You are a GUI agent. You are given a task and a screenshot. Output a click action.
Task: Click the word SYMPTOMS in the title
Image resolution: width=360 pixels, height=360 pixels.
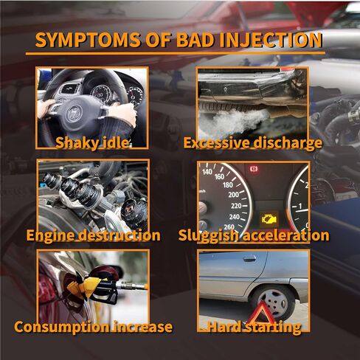coord(88,40)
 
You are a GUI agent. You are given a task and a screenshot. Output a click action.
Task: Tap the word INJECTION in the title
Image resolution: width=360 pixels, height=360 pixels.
coord(271,40)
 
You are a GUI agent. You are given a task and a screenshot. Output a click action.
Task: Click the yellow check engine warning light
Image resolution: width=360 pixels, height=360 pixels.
coord(269,218)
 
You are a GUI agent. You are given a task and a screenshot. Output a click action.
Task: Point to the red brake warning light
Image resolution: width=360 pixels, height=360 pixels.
coord(254,169)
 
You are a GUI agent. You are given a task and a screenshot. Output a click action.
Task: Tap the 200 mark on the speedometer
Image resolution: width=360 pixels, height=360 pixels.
coord(233,195)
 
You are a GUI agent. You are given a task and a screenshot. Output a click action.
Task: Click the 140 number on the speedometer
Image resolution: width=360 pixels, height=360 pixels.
coord(207,171)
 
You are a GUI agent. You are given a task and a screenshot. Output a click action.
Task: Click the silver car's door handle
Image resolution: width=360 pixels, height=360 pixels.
coord(249,258)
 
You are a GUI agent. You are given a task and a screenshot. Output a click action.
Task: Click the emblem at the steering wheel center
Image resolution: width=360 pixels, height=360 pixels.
coord(74,114)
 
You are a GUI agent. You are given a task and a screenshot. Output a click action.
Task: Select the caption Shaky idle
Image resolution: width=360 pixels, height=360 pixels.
coord(92,142)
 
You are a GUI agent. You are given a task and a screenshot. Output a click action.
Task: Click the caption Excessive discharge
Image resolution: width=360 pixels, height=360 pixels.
coord(253,143)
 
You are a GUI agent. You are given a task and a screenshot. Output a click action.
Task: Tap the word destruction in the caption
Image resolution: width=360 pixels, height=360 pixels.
coord(120,235)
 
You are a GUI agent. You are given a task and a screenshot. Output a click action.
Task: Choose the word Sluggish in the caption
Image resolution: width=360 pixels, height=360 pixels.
coord(209,235)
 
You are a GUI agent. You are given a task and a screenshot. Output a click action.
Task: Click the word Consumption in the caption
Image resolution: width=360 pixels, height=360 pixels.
coord(62,327)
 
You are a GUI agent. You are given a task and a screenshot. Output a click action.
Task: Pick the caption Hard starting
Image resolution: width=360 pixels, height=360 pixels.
coord(255,327)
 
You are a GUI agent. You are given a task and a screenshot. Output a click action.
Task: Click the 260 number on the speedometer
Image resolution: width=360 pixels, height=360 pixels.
coord(229,226)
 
